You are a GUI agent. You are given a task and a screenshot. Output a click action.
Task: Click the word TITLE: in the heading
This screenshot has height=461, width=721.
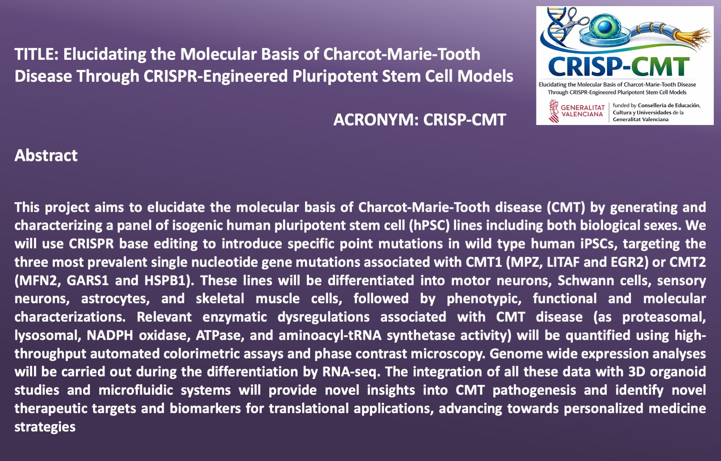point(36,54)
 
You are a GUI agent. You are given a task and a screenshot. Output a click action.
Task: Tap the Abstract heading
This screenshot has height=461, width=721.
point(46,156)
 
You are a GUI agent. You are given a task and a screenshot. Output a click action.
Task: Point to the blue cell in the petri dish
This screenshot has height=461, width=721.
point(606,27)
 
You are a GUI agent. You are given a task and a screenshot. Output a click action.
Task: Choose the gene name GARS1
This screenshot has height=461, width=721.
point(88,280)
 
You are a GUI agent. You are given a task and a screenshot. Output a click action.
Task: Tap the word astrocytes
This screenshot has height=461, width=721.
point(115,299)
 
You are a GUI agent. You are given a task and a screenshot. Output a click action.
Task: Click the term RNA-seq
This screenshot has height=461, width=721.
point(351,372)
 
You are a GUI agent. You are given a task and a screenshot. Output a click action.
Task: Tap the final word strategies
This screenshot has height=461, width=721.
point(45,427)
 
